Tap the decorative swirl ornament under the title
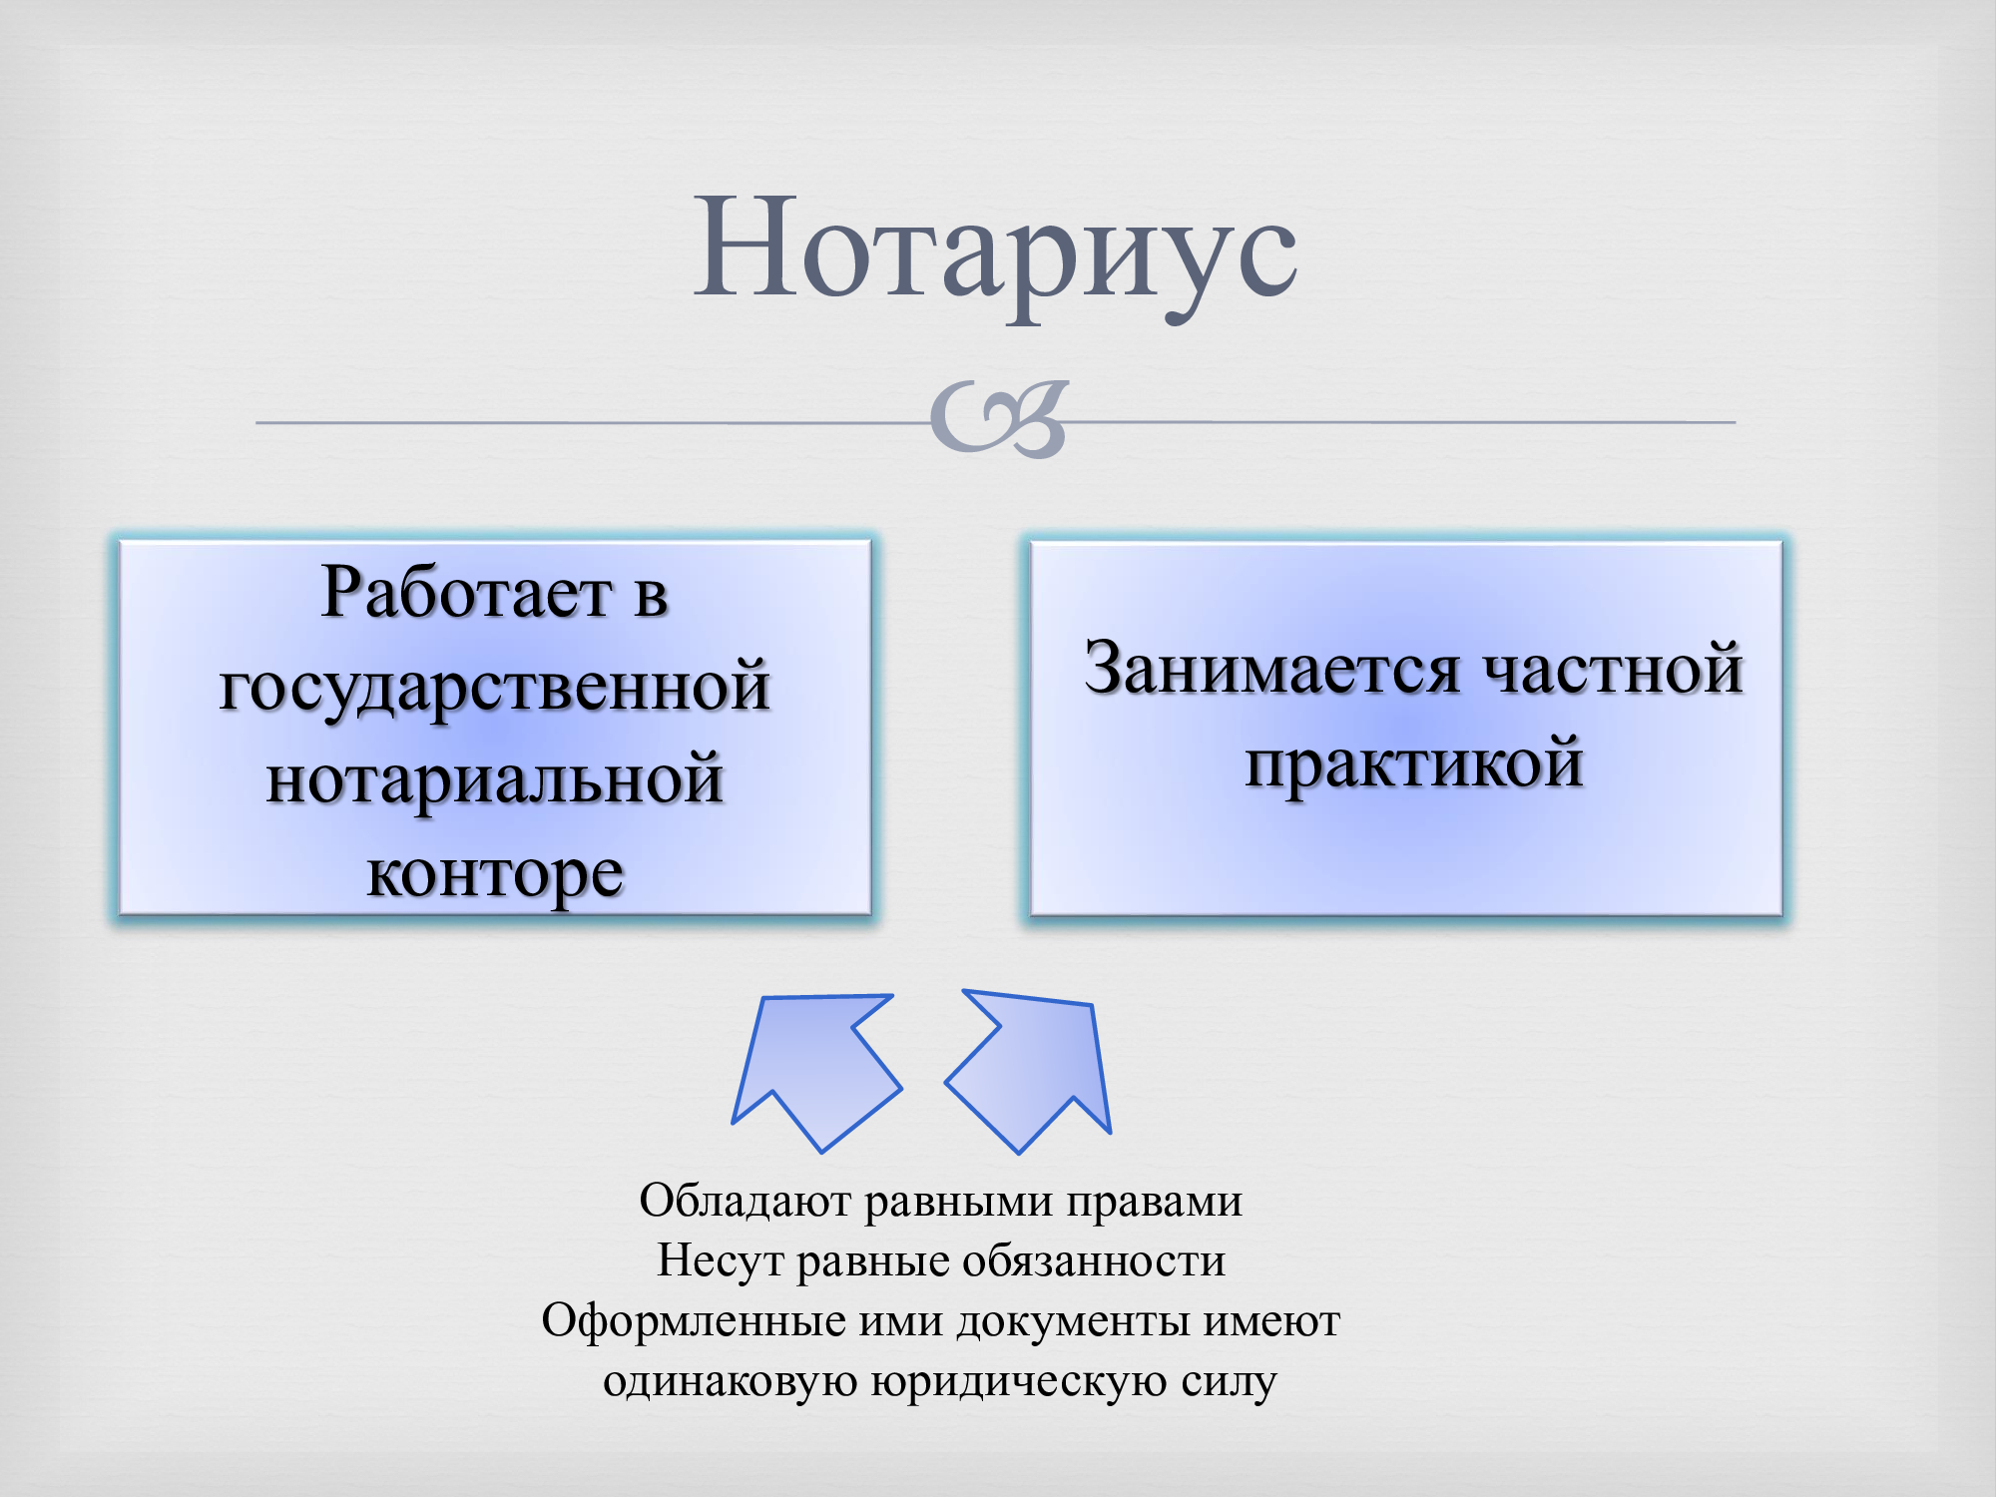pos(999,419)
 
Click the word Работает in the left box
pos(464,593)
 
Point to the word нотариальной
pos(495,780)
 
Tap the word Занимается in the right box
pos(1272,668)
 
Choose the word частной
pos(1614,668)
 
